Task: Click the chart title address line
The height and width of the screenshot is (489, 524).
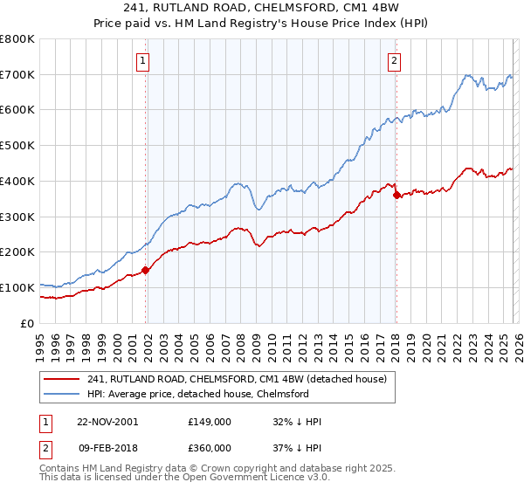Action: [x=262, y=10]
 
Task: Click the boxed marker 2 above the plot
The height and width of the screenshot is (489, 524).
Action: [x=394, y=60]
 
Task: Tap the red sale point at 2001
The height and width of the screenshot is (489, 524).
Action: [x=146, y=270]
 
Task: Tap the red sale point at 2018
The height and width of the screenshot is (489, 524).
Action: [x=396, y=195]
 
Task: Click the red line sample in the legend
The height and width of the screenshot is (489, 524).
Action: [x=61, y=379]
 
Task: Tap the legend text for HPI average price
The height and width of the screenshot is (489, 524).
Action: [x=197, y=393]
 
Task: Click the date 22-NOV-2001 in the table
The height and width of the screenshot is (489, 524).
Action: [x=107, y=422]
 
